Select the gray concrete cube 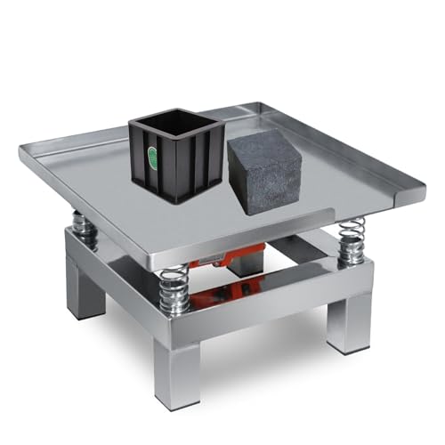click(x=264, y=173)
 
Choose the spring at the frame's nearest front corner click(x=174, y=289)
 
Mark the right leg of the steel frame click(x=349, y=316)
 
